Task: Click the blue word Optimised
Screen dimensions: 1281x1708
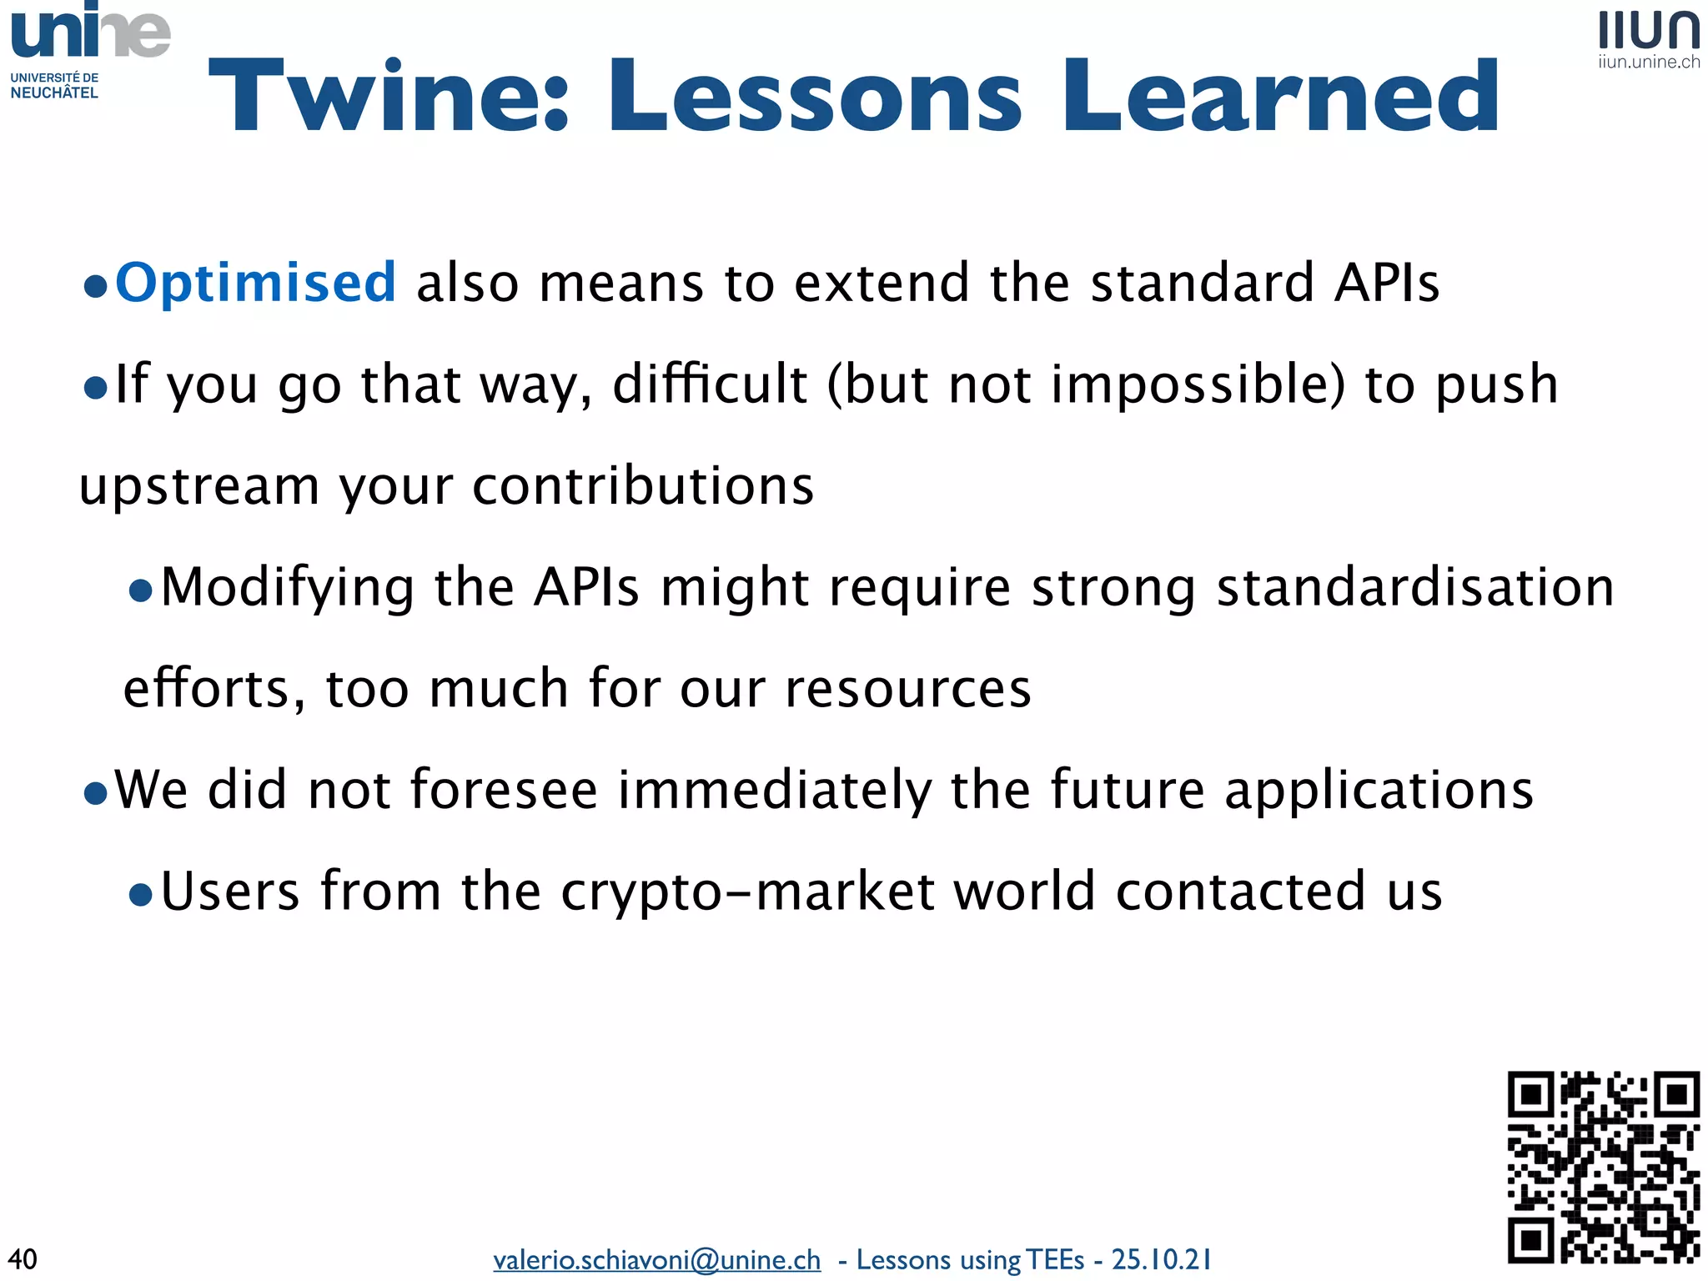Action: coord(255,283)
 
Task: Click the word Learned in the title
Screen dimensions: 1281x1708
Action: coord(1280,96)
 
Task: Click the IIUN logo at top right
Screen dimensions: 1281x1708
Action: coord(1649,31)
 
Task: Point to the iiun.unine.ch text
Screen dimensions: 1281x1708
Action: coord(1649,63)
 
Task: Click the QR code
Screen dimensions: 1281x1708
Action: coord(1603,1166)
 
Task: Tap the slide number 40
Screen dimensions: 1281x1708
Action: coord(23,1258)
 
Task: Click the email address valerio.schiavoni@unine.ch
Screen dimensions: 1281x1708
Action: coord(656,1259)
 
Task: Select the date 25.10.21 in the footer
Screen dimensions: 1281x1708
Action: coord(1161,1259)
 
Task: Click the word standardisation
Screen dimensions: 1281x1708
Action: coord(1415,587)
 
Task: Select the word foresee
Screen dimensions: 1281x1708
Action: coord(504,790)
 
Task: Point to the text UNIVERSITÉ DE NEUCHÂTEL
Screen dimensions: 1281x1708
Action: coord(54,85)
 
